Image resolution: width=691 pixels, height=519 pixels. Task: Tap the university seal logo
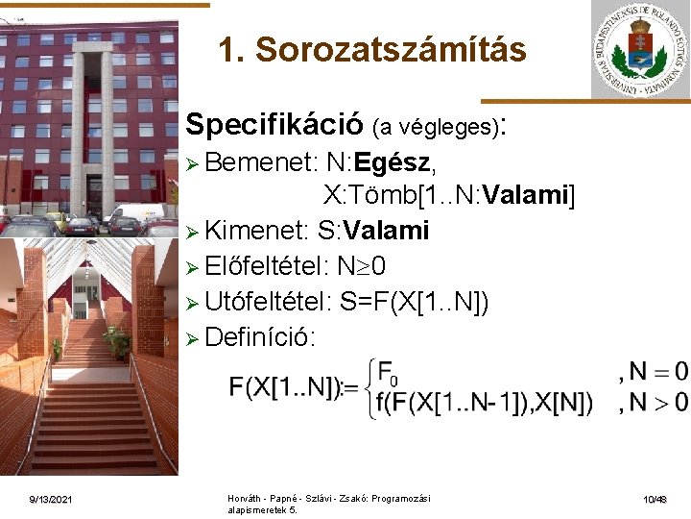pos(640,50)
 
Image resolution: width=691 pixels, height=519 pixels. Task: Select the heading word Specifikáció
pos(274,124)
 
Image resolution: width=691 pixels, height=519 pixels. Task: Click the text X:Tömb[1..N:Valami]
pos(449,197)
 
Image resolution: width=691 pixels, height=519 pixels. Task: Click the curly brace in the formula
pos(368,387)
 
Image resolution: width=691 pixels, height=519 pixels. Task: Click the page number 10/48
pos(656,500)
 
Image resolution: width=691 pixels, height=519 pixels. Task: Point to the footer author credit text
pos(328,504)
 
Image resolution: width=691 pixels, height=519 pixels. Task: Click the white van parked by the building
pos(134,215)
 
